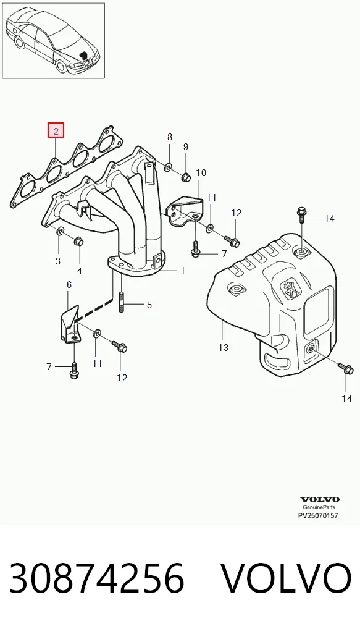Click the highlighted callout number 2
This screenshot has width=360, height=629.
click(x=56, y=130)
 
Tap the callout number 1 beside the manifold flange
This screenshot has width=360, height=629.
click(x=183, y=271)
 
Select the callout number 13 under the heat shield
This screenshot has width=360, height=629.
click(x=224, y=347)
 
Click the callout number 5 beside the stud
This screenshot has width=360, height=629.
click(x=149, y=305)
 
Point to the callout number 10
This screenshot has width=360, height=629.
click(x=201, y=173)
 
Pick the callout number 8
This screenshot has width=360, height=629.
click(x=170, y=137)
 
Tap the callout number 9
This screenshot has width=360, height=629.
click(x=186, y=147)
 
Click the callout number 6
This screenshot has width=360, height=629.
click(x=69, y=285)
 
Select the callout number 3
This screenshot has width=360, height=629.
click(x=58, y=261)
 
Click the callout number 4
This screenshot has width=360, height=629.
click(x=80, y=271)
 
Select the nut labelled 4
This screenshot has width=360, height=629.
click(x=78, y=242)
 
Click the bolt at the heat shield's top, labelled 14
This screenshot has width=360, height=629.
click(x=301, y=215)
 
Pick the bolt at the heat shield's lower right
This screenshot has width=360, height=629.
click(x=346, y=368)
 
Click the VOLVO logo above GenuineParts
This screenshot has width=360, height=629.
click(x=319, y=499)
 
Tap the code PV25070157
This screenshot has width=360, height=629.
click(x=318, y=515)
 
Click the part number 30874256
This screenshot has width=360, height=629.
click(x=96, y=578)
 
